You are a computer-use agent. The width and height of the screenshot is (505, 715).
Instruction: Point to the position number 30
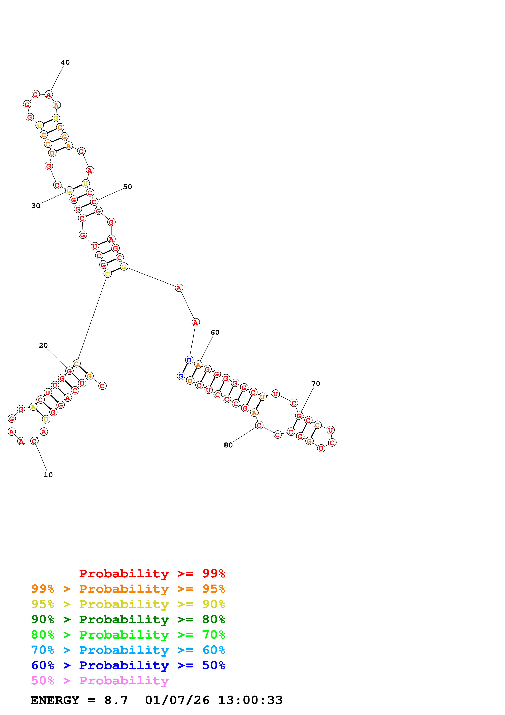click(36, 206)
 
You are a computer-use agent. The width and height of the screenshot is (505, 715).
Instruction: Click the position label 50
click(127, 187)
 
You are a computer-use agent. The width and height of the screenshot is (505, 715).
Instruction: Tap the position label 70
click(316, 383)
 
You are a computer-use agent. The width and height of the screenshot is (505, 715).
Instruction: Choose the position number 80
click(228, 445)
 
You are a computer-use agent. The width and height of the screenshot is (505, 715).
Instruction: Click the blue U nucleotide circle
click(189, 360)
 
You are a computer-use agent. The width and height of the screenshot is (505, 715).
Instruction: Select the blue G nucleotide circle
click(181, 376)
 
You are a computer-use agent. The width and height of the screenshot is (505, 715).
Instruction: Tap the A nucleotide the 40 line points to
click(48, 95)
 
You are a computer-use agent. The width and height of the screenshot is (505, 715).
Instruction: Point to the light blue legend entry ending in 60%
click(128, 650)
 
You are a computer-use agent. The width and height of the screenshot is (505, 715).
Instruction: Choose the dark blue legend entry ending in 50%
click(128, 665)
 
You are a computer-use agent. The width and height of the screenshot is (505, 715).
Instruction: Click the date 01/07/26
click(177, 700)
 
